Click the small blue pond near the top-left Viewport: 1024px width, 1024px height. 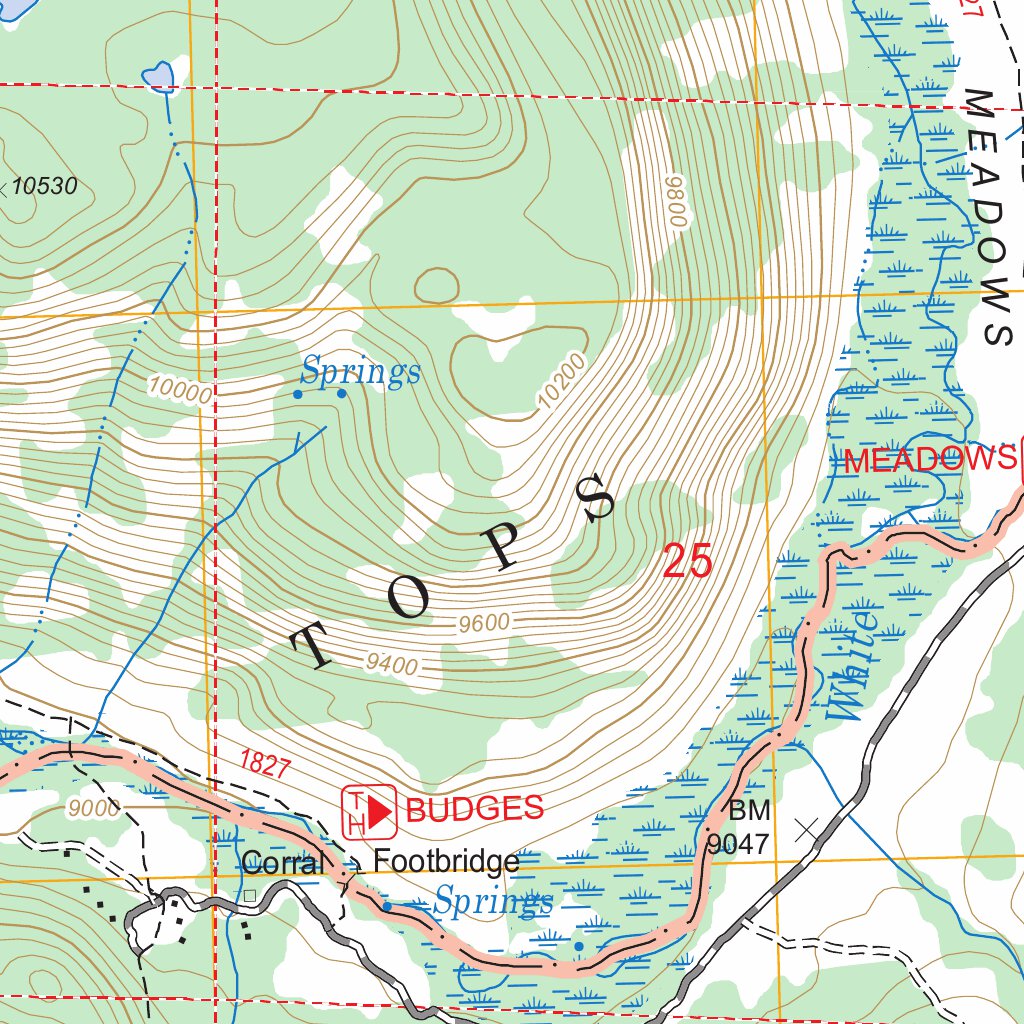(158, 76)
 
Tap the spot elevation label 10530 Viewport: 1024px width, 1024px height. (44, 186)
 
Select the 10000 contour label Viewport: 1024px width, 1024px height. (181, 390)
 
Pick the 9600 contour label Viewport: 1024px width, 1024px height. (484, 623)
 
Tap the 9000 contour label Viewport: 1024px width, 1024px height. (95, 807)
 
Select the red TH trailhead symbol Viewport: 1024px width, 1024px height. (369, 810)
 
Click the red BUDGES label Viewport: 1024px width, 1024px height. (475, 808)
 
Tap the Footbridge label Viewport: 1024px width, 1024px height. (446, 861)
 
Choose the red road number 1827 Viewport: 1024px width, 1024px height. (265, 766)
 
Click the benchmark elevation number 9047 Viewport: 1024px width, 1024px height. (738, 844)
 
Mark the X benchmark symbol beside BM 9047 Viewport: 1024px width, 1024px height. (805, 828)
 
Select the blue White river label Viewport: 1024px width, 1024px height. (852, 666)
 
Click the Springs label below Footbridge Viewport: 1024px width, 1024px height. (492, 902)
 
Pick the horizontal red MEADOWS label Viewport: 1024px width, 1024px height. (930, 460)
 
